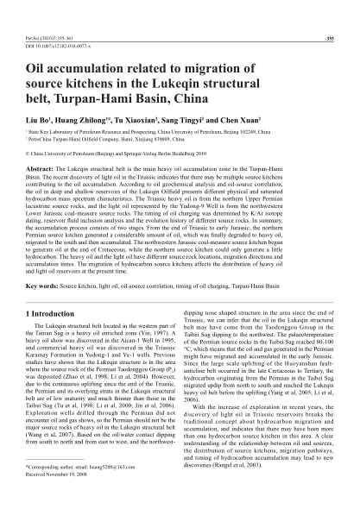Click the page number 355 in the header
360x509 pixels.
coord(331,16)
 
